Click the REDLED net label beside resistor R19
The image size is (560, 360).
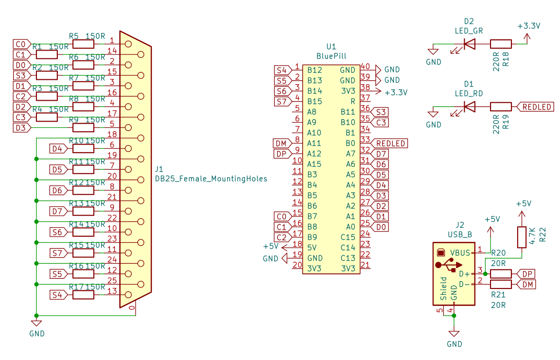pyautogui.click(x=537, y=107)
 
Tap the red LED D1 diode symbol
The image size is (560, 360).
pyautogui.click(x=469, y=107)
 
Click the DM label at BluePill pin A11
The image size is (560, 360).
pyautogui.click(x=281, y=143)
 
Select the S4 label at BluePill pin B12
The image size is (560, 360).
pyautogui.click(x=281, y=70)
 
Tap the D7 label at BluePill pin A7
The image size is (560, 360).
pyautogui.click(x=381, y=154)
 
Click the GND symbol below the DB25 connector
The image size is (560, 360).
pyautogui.click(x=36, y=324)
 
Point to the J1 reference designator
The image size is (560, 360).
pyautogui.click(x=159, y=169)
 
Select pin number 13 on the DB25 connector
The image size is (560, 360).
pyautogui.click(x=111, y=291)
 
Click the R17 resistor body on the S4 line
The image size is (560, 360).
pyautogui.click(x=83, y=295)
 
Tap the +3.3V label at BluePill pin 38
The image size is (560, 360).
pyautogui.click(x=396, y=91)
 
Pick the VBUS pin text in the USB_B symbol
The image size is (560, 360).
pyautogui.click(x=460, y=252)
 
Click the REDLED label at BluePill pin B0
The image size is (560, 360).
pyautogui.click(x=390, y=143)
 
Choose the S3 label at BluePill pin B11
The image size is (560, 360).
pyautogui.click(x=381, y=112)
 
